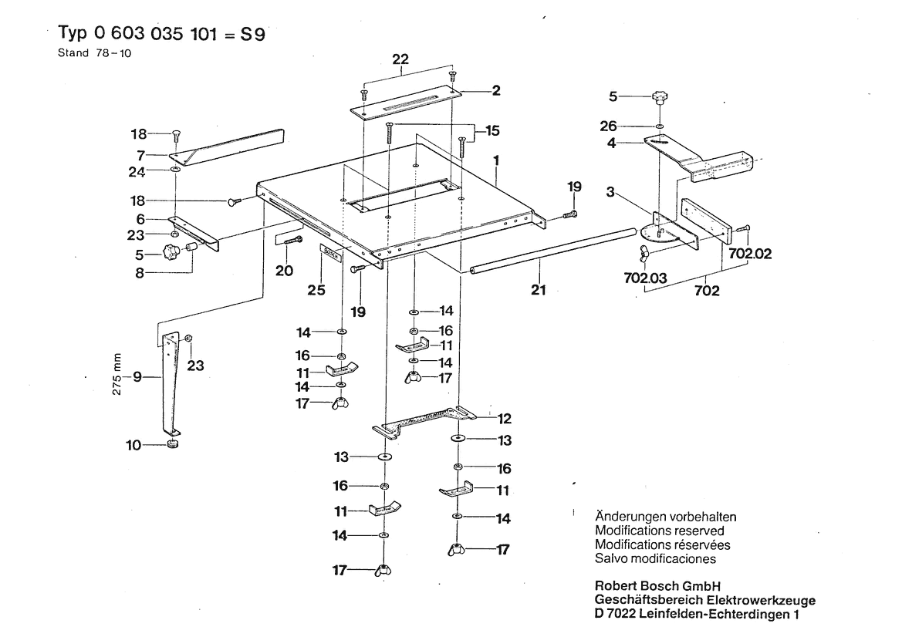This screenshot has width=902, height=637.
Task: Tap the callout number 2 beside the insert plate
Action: (497, 91)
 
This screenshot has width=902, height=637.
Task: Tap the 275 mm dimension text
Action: (117, 375)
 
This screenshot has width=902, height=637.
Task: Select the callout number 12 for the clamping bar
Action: (505, 419)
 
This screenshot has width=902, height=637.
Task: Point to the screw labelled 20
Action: (291, 241)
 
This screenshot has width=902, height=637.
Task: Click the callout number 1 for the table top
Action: (498, 163)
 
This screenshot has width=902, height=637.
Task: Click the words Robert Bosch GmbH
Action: (657, 585)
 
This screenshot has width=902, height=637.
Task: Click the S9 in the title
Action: (260, 35)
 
